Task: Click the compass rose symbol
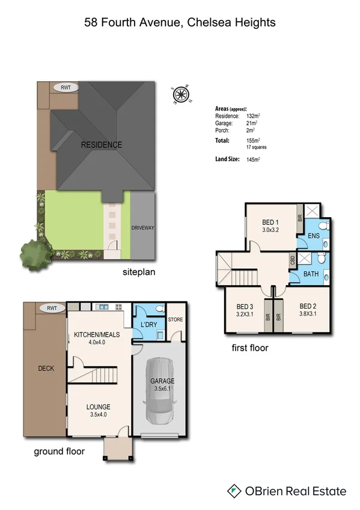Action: pyautogui.click(x=180, y=94)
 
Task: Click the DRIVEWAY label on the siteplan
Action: pyautogui.click(x=143, y=228)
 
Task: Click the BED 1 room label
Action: pyautogui.click(x=270, y=222)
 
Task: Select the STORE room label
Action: pyautogui.click(x=175, y=319)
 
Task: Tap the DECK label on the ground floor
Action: pyautogui.click(x=46, y=369)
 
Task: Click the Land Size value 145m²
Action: pyautogui.click(x=253, y=159)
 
